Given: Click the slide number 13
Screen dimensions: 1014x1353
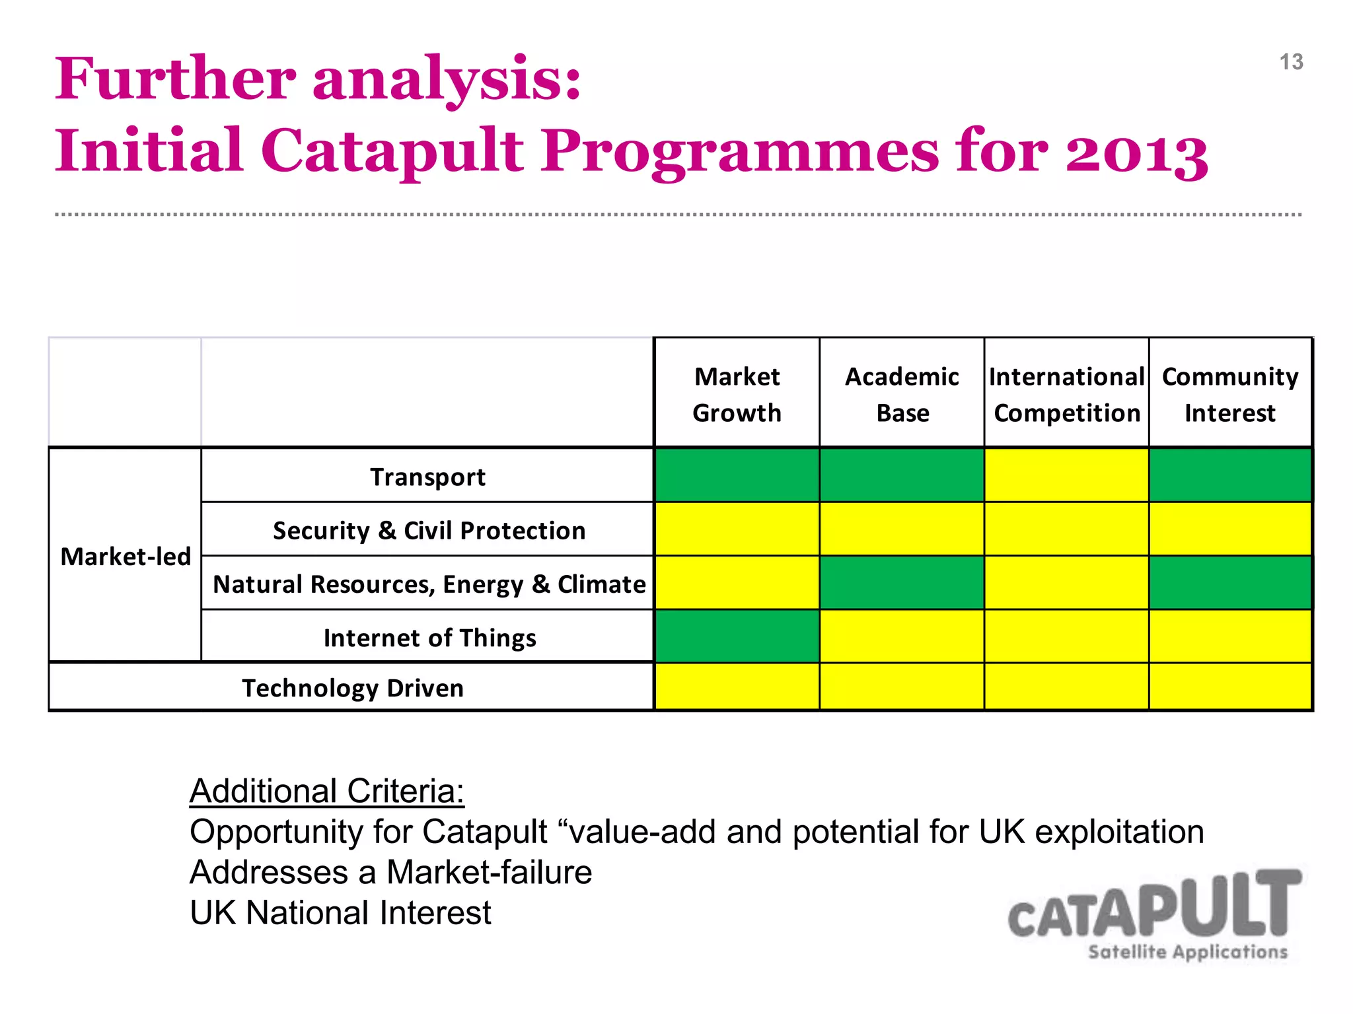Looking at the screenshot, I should click(x=1291, y=62).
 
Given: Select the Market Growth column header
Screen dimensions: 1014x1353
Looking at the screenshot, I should click(x=737, y=394).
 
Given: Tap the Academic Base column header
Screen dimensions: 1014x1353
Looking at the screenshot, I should click(x=902, y=394).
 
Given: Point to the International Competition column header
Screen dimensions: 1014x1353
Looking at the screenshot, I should click(x=1066, y=394).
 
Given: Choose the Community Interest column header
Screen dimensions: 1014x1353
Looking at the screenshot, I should click(x=1230, y=394).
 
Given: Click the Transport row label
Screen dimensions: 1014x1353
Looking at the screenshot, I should click(x=427, y=477).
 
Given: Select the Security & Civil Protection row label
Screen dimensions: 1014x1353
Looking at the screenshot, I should click(x=429, y=530).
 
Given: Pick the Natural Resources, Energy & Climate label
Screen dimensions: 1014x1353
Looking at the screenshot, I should click(x=429, y=584).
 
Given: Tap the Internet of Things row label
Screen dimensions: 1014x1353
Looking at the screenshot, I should click(x=429, y=638).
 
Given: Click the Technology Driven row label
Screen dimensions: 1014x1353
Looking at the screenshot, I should click(x=353, y=688).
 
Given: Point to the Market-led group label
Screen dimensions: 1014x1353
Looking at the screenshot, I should click(x=126, y=557).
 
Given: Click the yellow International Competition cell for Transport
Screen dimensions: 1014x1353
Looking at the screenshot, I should click(x=1066, y=475).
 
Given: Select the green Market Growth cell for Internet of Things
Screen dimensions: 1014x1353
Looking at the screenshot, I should click(x=737, y=636).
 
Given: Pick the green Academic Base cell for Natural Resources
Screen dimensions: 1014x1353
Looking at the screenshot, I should click(x=902, y=582).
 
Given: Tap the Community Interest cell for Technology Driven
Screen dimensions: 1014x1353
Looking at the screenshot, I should click(x=1230, y=687).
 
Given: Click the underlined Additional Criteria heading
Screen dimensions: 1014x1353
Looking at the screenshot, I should click(x=327, y=791).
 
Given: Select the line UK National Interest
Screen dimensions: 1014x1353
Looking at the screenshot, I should click(x=340, y=913).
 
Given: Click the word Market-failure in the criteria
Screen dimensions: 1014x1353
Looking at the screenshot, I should click(x=489, y=872).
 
